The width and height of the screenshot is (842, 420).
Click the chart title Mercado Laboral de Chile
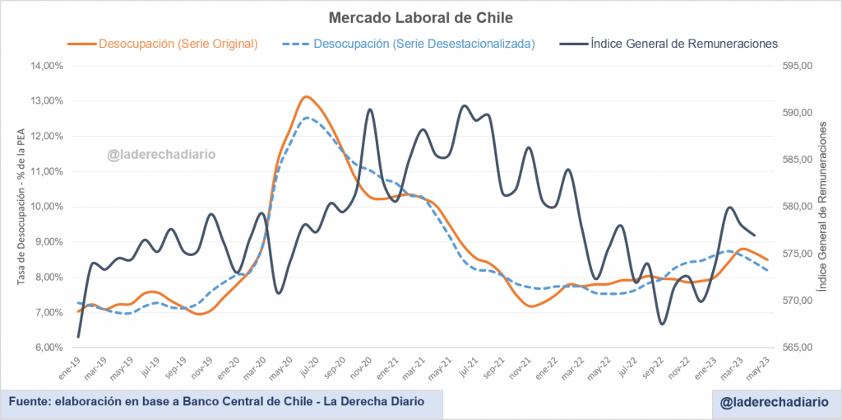pyautogui.click(x=420, y=17)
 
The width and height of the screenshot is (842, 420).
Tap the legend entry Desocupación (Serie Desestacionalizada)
pyautogui.click(x=423, y=43)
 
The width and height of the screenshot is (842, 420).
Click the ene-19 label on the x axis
pyautogui.click(x=71, y=370)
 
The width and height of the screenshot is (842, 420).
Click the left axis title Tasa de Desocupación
pyautogui.click(x=22, y=206)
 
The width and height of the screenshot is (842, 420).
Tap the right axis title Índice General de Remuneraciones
pyautogui.click(x=823, y=206)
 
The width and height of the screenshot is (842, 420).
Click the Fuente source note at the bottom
pyautogui.click(x=217, y=402)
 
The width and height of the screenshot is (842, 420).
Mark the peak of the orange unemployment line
pyautogui.click(x=306, y=96)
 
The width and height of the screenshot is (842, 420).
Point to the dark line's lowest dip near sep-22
pyautogui.click(x=662, y=324)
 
